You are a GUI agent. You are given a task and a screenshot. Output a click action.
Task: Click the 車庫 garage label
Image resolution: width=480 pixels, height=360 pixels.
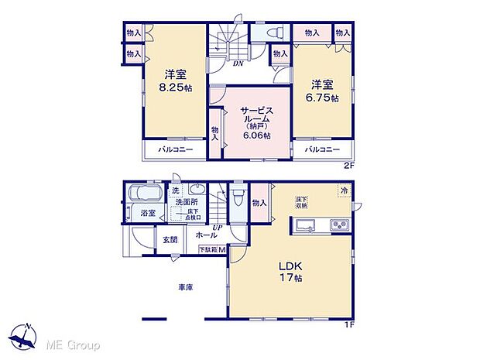(x=185, y=286)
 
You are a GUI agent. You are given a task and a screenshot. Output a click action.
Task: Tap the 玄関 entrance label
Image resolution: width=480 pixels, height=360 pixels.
(x=170, y=240)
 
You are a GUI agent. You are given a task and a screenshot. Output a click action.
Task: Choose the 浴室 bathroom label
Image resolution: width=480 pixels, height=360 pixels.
(x=148, y=212)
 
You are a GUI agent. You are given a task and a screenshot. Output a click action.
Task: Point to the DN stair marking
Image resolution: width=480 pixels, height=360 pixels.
(x=238, y=63)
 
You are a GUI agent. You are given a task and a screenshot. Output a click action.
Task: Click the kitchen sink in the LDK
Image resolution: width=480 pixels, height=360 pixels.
(x=305, y=225)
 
